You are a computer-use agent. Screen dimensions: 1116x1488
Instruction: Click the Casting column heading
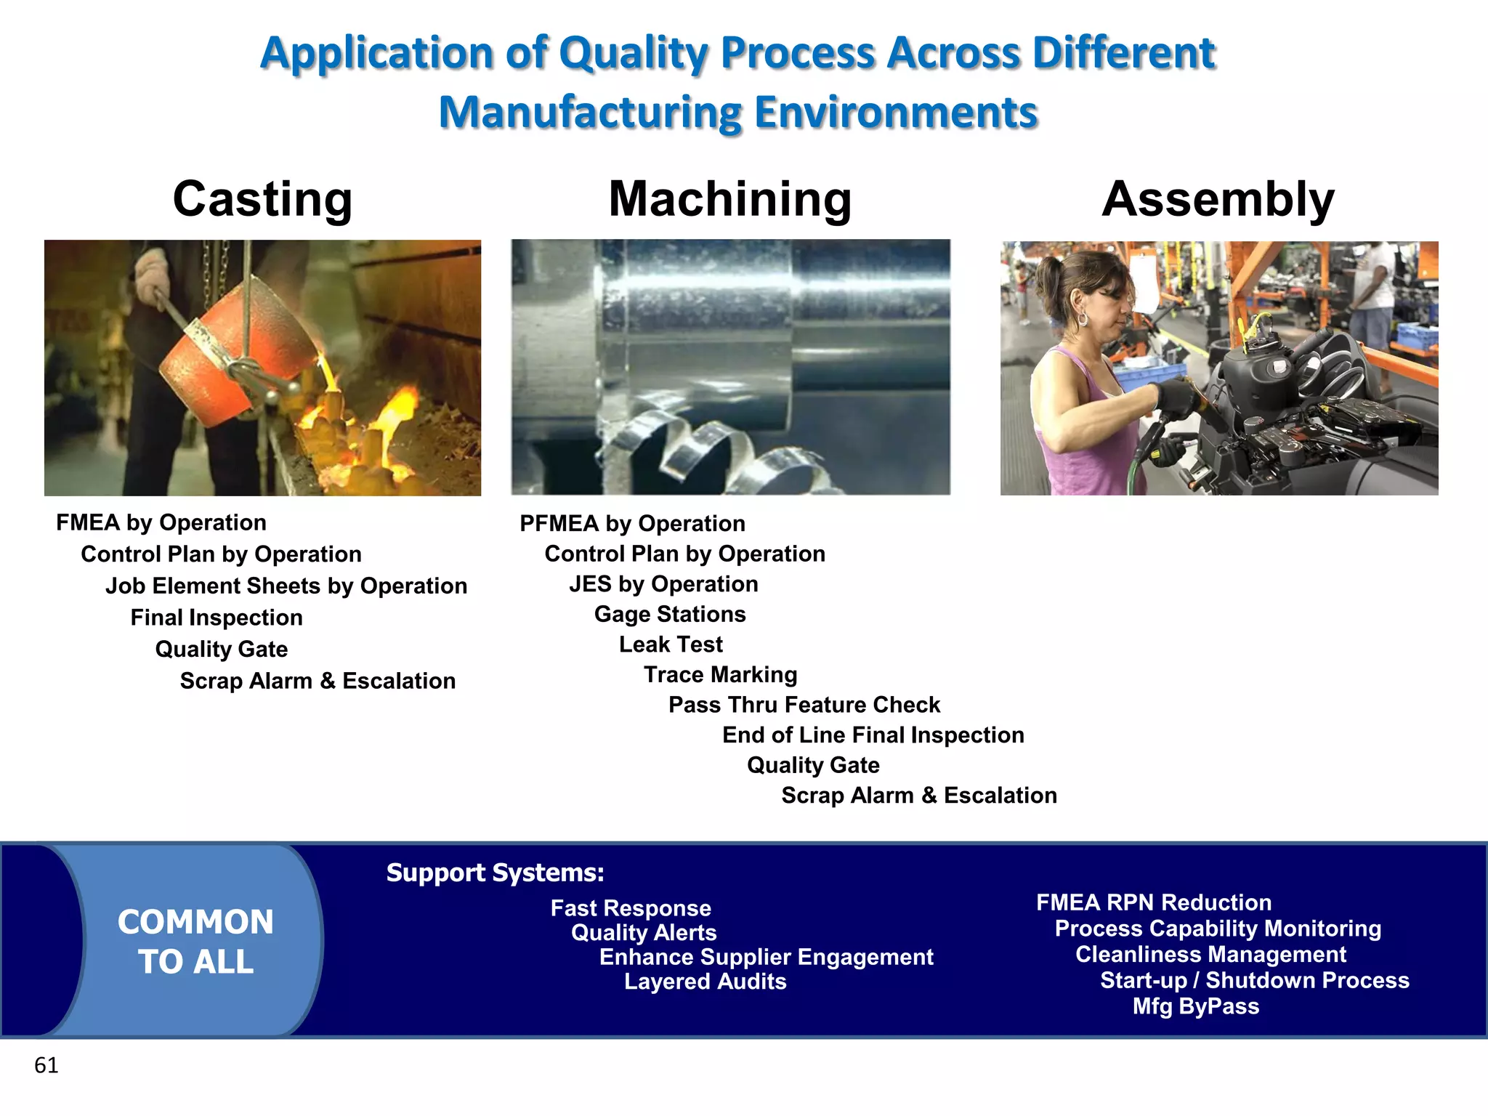262,199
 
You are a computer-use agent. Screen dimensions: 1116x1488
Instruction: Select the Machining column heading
729,199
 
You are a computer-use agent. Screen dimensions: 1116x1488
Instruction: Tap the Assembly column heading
1218,199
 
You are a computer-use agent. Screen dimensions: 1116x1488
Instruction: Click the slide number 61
46,1065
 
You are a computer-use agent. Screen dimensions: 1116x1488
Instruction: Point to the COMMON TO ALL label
195,942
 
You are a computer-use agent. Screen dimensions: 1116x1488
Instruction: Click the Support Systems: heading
495,873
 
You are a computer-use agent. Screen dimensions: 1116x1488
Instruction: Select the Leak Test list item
670,644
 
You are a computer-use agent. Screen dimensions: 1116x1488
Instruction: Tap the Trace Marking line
720,675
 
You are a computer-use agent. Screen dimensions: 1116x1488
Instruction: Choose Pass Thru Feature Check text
804,705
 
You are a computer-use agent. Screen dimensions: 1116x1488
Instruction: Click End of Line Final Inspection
873,735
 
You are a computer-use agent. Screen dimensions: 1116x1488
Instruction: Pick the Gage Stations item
669,615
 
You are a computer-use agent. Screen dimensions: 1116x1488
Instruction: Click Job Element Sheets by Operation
286,586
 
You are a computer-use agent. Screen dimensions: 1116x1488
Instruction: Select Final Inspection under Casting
216,618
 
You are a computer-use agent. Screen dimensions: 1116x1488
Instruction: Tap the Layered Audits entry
705,982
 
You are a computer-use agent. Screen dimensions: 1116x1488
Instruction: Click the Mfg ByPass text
1195,1006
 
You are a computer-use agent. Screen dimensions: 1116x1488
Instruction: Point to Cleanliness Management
1210,955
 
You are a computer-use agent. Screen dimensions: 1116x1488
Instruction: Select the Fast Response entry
630,908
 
